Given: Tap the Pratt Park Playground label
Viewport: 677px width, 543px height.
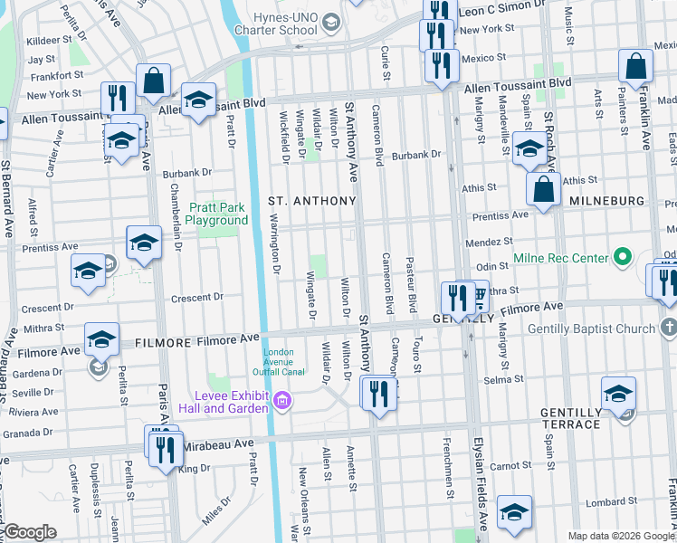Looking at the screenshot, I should click(217, 214).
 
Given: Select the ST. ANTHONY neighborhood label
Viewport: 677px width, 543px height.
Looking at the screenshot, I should click(310, 199).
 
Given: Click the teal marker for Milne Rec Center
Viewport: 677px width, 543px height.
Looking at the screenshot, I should click(622, 259).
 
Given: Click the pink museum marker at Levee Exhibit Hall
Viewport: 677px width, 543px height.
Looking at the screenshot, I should click(282, 399).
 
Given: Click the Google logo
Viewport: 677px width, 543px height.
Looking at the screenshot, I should click(29, 533).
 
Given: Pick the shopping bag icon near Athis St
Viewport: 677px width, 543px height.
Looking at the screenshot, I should click(543, 190).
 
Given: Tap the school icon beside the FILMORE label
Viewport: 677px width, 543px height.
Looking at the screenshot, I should click(102, 340).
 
